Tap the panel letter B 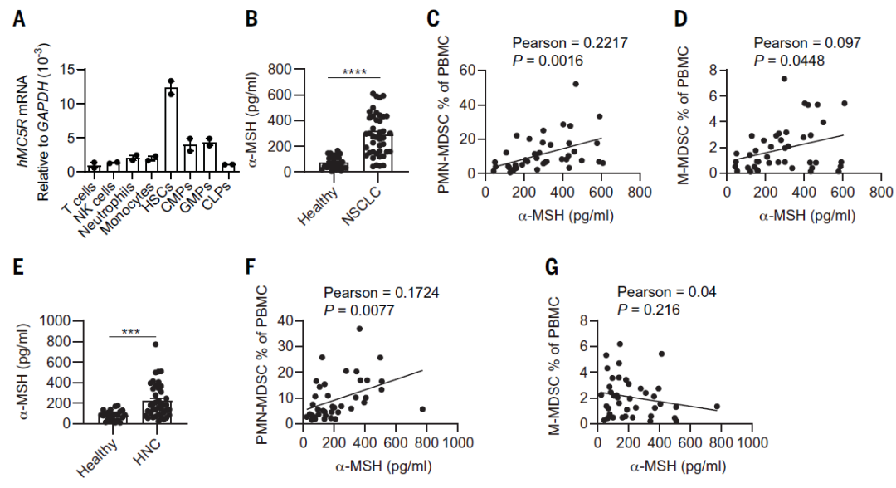255,18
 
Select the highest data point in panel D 783,79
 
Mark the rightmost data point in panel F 423,409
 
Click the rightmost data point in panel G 717,407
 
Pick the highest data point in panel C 575,84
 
